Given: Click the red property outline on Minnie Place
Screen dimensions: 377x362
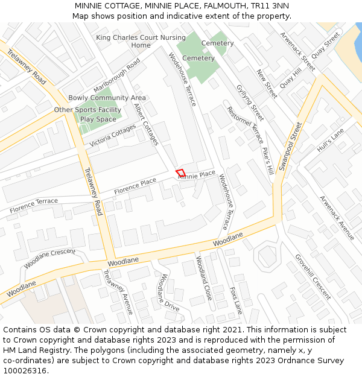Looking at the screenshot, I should coord(180,173).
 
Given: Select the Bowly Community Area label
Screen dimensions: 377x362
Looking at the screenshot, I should coord(107,98).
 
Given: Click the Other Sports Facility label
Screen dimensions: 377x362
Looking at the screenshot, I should coord(87,110).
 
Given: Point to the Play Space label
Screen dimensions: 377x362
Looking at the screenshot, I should coord(98,119).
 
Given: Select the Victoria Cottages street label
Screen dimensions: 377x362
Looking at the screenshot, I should coord(113,136).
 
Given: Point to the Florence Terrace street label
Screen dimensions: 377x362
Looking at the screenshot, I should coord(34,205).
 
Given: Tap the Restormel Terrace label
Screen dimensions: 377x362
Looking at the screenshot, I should coord(245,125).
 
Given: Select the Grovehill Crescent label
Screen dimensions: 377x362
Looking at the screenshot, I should coord(313,276).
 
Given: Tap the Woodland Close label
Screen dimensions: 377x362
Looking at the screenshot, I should coord(203,278).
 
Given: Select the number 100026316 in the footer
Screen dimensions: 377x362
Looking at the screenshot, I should coord(25,370).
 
